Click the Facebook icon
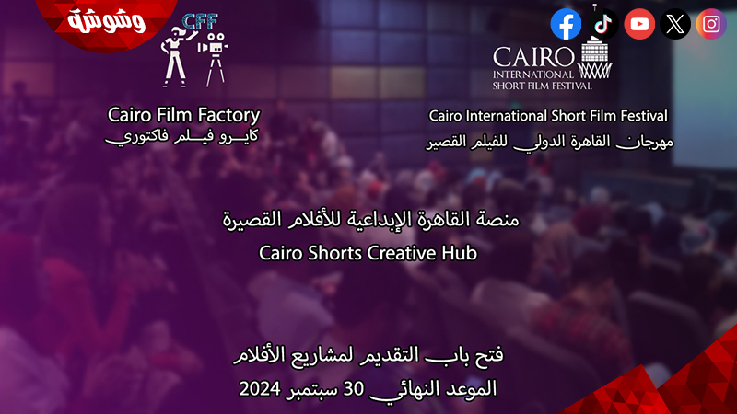[x=566, y=24]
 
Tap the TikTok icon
[x=603, y=24]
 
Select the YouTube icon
[x=639, y=24]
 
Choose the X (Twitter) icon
[x=675, y=24]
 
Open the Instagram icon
[x=711, y=24]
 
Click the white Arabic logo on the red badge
[x=106, y=21]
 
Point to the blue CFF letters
[x=200, y=21]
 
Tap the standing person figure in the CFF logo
[x=175, y=57]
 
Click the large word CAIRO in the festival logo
[x=532, y=58]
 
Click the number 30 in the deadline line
[x=354, y=388]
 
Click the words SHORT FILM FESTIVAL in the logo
[x=542, y=86]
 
